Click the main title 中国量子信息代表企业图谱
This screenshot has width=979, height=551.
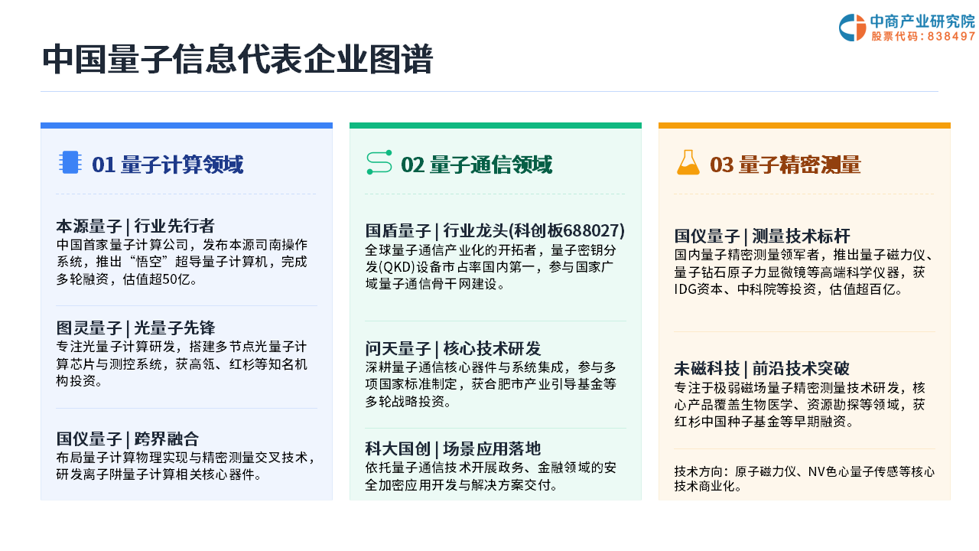(237, 60)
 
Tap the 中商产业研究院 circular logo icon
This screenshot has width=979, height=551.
(852, 28)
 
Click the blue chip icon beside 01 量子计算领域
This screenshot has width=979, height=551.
(70, 162)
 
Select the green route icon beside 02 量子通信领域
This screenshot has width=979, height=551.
(379, 162)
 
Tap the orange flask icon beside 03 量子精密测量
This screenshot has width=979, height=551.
(688, 162)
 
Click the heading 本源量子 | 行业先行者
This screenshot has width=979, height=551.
(135, 226)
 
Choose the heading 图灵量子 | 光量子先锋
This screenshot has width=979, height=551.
(135, 328)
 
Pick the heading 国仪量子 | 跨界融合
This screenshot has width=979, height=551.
(128, 439)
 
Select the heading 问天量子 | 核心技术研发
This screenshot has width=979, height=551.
(454, 348)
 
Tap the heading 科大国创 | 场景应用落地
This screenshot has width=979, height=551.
(454, 448)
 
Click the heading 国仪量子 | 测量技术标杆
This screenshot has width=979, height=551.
(763, 236)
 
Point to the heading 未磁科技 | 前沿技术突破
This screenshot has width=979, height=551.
(763, 369)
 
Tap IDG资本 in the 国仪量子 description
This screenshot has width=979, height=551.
(698, 289)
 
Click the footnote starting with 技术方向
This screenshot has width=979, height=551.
(804, 479)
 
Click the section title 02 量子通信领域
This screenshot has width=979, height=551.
(476, 165)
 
